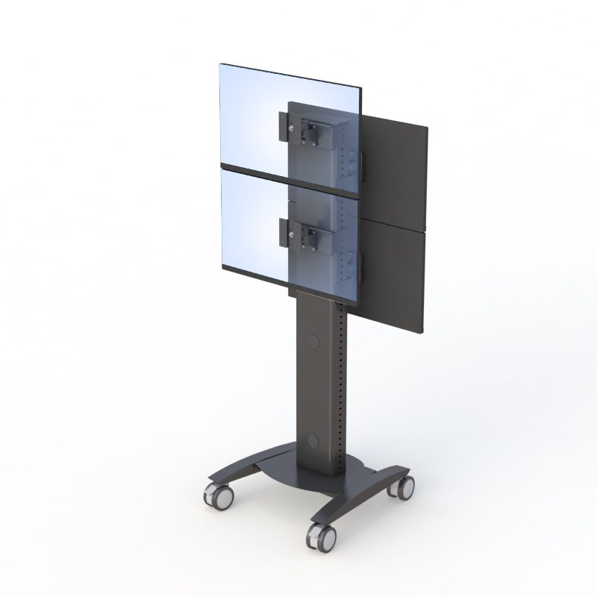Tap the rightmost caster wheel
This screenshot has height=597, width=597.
[404, 486]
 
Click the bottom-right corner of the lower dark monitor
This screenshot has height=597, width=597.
[423, 331]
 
